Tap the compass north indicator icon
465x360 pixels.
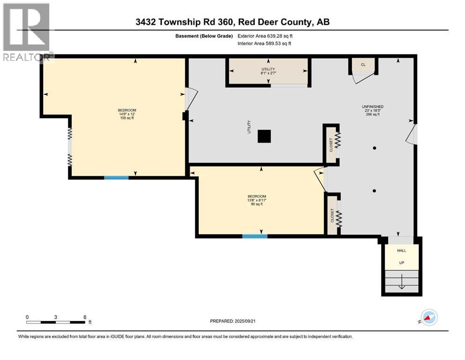429,318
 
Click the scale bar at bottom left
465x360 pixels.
56,322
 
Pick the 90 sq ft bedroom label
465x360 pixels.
257,200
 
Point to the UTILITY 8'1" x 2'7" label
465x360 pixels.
267,71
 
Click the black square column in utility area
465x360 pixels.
265,136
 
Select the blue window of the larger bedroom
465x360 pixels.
116,178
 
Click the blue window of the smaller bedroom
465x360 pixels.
255,236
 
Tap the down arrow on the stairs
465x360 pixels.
401,283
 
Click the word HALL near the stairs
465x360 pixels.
401,251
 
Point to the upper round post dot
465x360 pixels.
375,148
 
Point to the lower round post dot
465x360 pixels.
375,191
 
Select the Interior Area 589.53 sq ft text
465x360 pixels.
265,44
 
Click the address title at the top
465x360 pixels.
232,22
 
